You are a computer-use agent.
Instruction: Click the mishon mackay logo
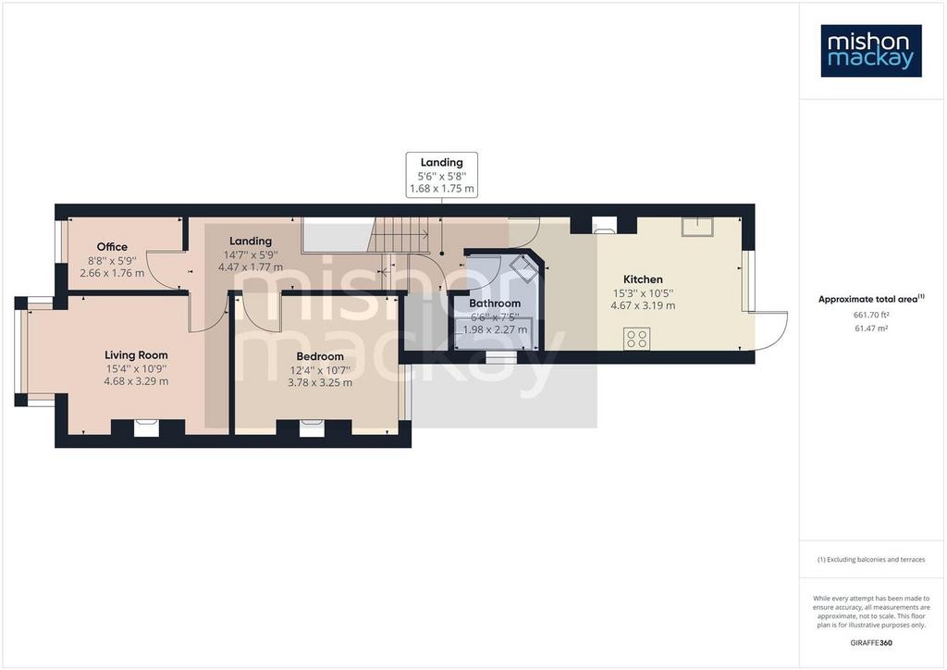click(x=871, y=51)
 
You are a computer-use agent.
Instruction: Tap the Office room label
click(x=112, y=246)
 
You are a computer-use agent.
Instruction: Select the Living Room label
click(x=136, y=355)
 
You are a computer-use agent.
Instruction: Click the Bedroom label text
click(x=320, y=356)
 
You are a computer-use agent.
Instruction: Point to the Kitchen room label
click(x=643, y=279)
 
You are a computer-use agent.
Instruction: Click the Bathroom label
click(x=495, y=304)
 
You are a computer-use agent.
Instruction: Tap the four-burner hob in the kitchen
click(x=637, y=339)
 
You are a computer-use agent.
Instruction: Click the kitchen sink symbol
click(x=697, y=227)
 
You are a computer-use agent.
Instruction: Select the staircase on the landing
click(x=400, y=236)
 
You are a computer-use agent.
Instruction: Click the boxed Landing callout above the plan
click(x=441, y=175)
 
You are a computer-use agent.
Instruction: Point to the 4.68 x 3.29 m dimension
click(x=136, y=381)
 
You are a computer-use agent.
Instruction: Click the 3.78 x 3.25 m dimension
click(x=320, y=382)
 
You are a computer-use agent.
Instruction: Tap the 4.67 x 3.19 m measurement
click(x=643, y=305)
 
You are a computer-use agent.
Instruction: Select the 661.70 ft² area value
click(x=871, y=315)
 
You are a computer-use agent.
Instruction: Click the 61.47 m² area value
click(x=871, y=329)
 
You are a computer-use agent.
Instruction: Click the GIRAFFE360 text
click(x=871, y=643)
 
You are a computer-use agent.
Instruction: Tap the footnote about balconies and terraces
click(x=871, y=560)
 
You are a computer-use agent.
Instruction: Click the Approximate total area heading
click(x=871, y=299)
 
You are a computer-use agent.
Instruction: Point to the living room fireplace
click(x=146, y=428)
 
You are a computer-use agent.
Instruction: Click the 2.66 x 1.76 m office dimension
click(x=112, y=273)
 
